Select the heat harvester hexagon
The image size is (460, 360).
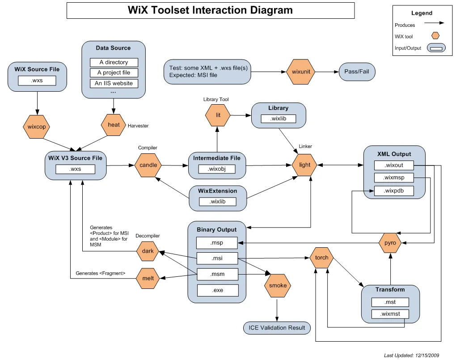click(x=114, y=125)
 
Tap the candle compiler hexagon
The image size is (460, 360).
click(x=148, y=165)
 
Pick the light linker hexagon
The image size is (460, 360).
click(x=304, y=165)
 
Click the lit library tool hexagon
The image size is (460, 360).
click(x=218, y=115)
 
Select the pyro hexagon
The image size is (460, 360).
click(x=390, y=243)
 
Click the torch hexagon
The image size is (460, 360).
click(x=321, y=258)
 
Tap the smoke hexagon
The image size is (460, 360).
click(x=278, y=285)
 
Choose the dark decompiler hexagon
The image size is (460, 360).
click(x=148, y=251)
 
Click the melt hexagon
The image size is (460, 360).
click(x=148, y=278)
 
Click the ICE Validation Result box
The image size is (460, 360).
click(x=277, y=328)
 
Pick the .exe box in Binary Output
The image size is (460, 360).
click(x=217, y=290)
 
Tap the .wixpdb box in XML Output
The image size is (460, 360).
click(x=393, y=191)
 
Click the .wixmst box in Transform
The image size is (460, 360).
click(x=390, y=314)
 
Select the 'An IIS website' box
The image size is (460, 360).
click(x=114, y=83)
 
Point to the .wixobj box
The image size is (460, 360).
click(x=217, y=169)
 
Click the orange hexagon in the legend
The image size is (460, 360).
click(x=435, y=36)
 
